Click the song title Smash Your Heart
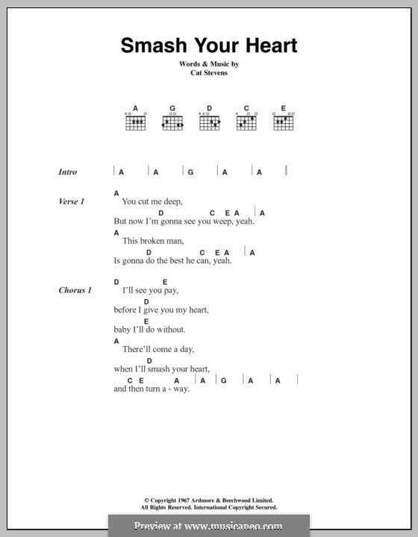209,45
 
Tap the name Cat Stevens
209,75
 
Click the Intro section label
68,172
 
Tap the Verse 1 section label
72,201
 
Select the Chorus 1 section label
75,290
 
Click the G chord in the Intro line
190,172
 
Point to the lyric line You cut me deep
152,201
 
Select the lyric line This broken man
152,241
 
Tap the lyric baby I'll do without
149,329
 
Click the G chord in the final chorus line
222,380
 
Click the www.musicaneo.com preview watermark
209,526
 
